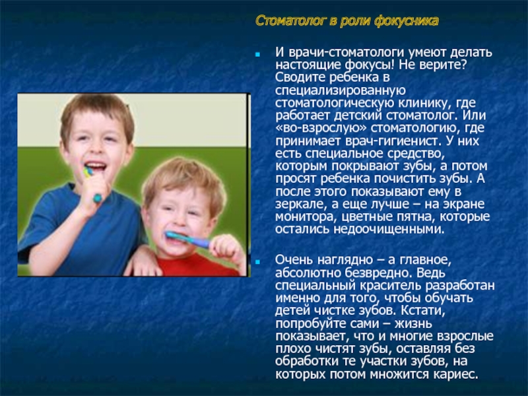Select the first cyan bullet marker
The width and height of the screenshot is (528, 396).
[x=258, y=54]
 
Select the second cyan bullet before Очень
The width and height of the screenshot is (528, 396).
[x=258, y=261]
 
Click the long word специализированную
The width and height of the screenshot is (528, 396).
[x=341, y=90]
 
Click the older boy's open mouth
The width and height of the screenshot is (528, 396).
[x=96, y=166]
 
